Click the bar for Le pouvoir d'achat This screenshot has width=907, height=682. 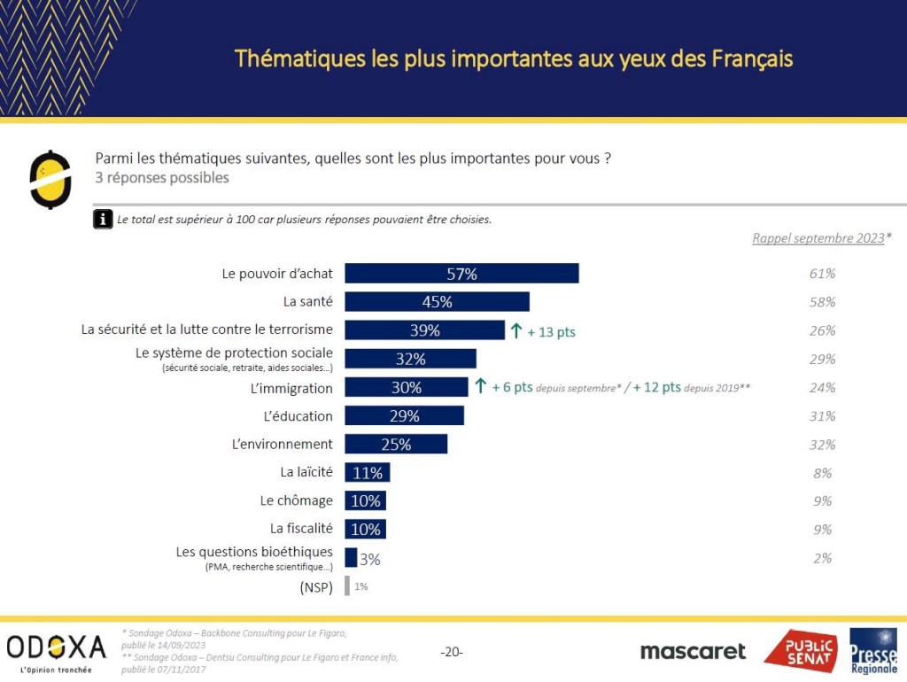click(461, 274)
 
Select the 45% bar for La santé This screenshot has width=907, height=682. click(437, 302)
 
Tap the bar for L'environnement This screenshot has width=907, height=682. click(396, 444)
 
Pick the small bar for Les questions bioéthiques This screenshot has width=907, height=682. click(351, 558)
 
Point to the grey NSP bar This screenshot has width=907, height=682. click(347, 586)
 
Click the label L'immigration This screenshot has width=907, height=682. click(291, 388)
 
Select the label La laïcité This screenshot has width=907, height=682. click(307, 473)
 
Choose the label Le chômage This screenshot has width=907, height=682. click(297, 500)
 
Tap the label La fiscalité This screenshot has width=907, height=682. click(302, 529)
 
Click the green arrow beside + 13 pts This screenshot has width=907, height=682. click(516, 331)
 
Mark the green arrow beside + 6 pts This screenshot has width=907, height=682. click(480, 386)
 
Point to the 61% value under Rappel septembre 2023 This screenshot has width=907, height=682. click(822, 274)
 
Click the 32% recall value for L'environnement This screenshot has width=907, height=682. click(822, 445)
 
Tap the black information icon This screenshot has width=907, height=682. click(103, 219)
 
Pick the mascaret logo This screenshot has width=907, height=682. click(693, 651)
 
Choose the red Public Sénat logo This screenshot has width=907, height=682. click(800, 651)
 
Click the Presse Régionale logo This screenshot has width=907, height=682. click(873, 651)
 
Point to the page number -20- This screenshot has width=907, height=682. click(452, 653)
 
